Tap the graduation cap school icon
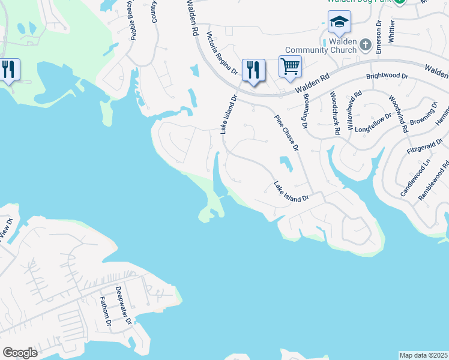pyautogui.click(x=339, y=23)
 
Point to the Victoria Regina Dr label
pyautogui.click(x=222, y=53)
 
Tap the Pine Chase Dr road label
pyautogui.click(x=287, y=133)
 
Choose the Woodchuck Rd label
pyautogui.click(x=335, y=112)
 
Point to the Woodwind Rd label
pyautogui.click(x=398, y=113)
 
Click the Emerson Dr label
pyautogui.click(x=379, y=37)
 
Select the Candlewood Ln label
pyautogui.click(x=415, y=178)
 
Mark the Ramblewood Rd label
pyautogui.click(x=433, y=181)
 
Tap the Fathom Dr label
pyautogui.click(x=105, y=312)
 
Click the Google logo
pyautogui.click(x=20, y=353)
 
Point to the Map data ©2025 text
pyautogui.click(x=423, y=355)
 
